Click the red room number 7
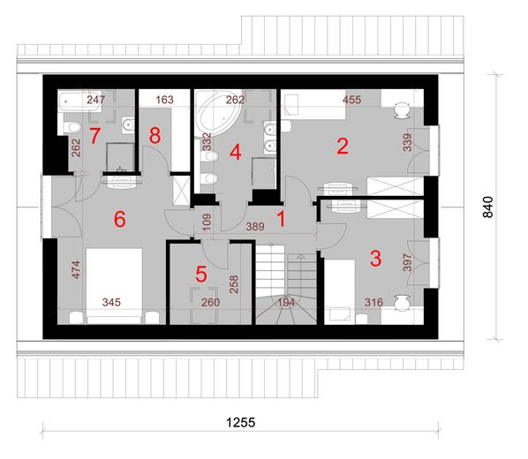pyautogui.click(x=94, y=137)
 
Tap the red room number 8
pyautogui.click(x=155, y=137)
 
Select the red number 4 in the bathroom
pyautogui.click(x=236, y=152)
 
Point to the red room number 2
pyautogui.click(x=343, y=147)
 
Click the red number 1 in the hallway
pyautogui.click(x=281, y=219)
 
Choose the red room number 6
pyautogui.click(x=120, y=219)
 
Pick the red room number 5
pyautogui.click(x=201, y=275)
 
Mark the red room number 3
pyautogui.click(x=375, y=259)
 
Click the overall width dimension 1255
pyautogui.click(x=240, y=422)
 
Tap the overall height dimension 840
pyautogui.click(x=488, y=207)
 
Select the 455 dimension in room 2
pyautogui.click(x=352, y=100)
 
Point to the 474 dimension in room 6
pyautogui.click(x=76, y=270)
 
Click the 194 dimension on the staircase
pyautogui.click(x=286, y=303)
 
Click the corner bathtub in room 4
pyautogui.click(x=218, y=113)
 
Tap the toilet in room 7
pyautogui.click(x=72, y=127)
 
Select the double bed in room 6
pyautogui.click(x=114, y=286)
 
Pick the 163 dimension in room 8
pyautogui.click(x=164, y=100)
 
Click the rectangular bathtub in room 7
pyautogui.click(x=79, y=101)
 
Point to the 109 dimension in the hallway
pyautogui.click(x=207, y=222)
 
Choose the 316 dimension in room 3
pyautogui.click(x=373, y=303)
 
